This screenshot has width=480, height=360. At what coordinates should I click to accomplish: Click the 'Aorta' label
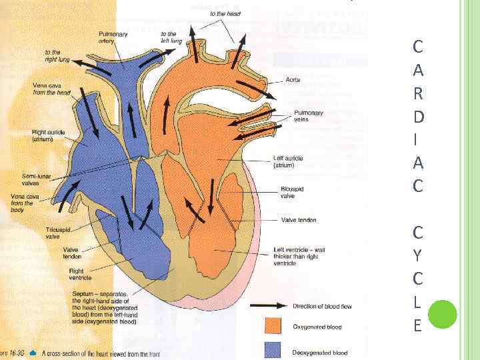[x=293, y=79]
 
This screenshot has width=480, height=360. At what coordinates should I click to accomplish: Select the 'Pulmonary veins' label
[x=308, y=116]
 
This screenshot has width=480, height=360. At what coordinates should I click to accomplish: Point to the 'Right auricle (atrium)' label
[x=49, y=136]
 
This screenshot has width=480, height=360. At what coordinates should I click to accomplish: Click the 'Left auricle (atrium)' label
[x=288, y=161]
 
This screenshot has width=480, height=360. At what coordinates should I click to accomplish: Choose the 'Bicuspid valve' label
[x=292, y=193]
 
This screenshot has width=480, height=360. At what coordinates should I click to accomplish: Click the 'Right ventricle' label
[x=81, y=274]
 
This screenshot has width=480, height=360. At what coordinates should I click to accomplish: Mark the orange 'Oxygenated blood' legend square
[x=273, y=326]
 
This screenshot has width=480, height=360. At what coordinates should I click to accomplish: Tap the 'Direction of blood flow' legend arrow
[x=268, y=307]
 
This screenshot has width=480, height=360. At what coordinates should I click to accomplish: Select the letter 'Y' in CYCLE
[x=417, y=255]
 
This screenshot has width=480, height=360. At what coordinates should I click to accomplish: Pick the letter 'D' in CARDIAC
[x=417, y=116]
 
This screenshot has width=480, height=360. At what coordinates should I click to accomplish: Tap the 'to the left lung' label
[x=171, y=37]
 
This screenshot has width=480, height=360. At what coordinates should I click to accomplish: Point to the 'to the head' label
[x=225, y=13]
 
